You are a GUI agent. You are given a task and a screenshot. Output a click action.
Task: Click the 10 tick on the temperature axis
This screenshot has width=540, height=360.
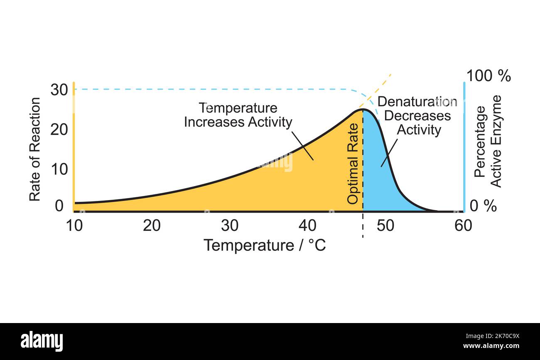74,225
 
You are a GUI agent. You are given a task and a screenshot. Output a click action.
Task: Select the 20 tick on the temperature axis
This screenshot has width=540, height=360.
152,225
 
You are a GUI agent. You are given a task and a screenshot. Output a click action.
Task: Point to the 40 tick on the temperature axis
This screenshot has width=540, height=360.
308,225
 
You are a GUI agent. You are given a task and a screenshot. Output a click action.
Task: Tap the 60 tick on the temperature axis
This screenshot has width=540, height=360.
463,225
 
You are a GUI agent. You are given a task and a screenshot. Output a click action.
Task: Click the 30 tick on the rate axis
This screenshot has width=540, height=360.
59,89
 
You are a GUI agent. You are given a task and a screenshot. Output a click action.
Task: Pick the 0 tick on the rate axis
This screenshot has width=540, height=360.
59,206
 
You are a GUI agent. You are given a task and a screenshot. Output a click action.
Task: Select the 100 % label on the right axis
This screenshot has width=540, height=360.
488,76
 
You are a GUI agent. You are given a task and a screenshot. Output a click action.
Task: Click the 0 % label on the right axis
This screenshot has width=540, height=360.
483,206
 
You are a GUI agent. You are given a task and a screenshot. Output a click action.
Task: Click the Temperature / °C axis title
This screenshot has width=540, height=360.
265,245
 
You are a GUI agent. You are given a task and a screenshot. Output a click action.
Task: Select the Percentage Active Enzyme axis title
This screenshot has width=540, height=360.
488,142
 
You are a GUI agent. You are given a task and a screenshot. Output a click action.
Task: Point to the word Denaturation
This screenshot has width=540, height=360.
417,102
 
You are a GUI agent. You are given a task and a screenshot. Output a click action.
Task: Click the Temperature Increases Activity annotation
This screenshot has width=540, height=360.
238,115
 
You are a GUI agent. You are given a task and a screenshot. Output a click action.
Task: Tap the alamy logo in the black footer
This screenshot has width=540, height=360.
42,341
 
